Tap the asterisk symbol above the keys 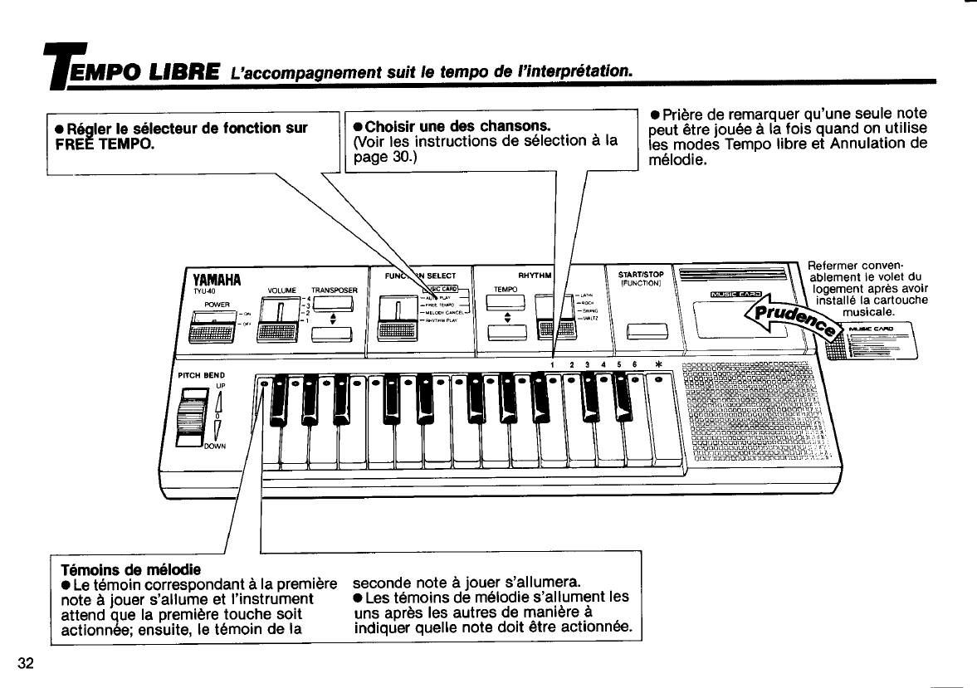(x=658, y=364)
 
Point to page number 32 (x=26, y=662)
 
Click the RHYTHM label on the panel (x=533, y=276)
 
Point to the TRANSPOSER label (x=334, y=290)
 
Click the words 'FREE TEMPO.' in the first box (x=103, y=143)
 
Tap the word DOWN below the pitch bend (x=214, y=446)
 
